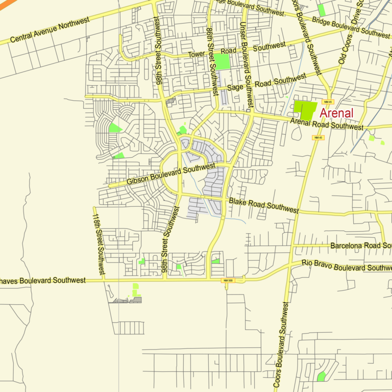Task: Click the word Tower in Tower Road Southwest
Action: pos(197,54)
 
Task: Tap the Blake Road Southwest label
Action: pos(263,206)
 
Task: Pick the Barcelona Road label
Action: pos(360,245)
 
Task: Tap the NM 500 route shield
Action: pos(227,280)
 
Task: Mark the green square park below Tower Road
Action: pos(222,62)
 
